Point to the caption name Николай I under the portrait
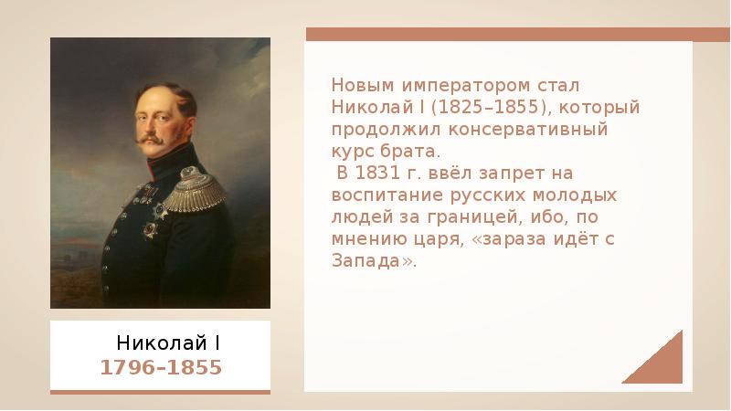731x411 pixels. (x=168, y=343)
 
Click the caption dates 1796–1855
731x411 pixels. (x=162, y=368)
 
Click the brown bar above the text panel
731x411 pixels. (x=497, y=35)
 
